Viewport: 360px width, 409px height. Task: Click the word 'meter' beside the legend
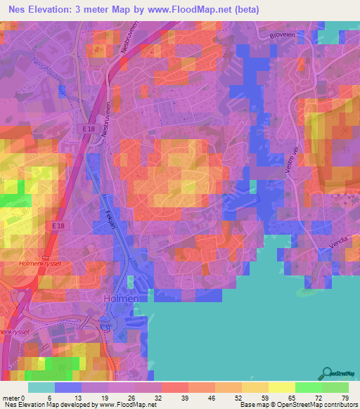(11, 397)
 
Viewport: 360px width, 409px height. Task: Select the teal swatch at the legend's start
(41, 387)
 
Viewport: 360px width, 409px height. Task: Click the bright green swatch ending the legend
(335, 387)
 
